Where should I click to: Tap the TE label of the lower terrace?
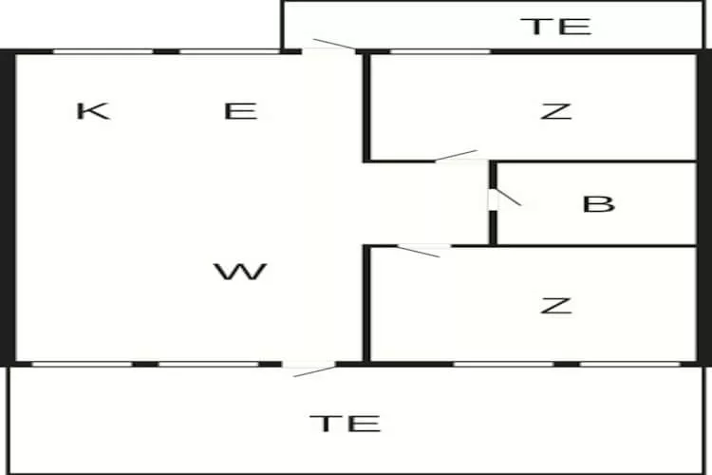pyautogui.click(x=346, y=423)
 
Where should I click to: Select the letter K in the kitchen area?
pyautogui.click(x=92, y=111)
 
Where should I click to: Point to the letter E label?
pyautogui.click(x=240, y=111)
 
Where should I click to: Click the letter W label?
pyautogui.click(x=240, y=273)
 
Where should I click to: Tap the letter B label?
pyautogui.click(x=598, y=203)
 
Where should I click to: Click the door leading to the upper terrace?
pyautogui.click(x=330, y=47)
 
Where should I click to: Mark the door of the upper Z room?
pyautogui.click(x=457, y=157)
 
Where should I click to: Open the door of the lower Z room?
pyautogui.click(x=421, y=250)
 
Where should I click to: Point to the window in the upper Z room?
pyautogui.click(x=440, y=51)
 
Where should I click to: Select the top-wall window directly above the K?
pyautogui.click(x=103, y=51)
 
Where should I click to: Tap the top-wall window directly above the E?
pyautogui.click(x=228, y=51)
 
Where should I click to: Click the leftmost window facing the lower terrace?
pyautogui.click(x=82, y=363)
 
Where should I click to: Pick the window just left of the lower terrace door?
pyautogui.click(x=207, y=363)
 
